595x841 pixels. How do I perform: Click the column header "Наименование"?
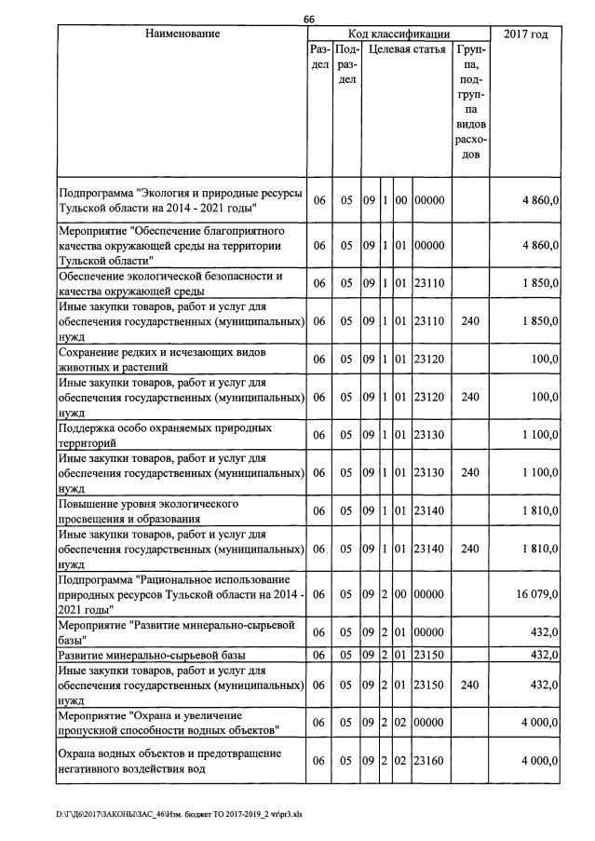pos(183,34)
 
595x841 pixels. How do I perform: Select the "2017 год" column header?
pos(525,34)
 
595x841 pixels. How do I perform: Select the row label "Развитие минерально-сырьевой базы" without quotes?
pos(152,656)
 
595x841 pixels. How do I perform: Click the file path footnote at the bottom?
pos(180,813)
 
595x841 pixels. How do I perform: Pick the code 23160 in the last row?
pos(430,761)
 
